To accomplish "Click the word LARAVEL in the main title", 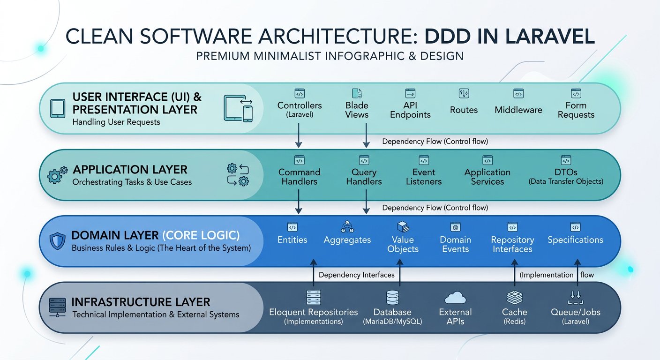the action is (x=550, y=37).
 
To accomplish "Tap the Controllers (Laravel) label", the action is (x=300, y=110).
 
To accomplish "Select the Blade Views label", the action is (x=357, y=110).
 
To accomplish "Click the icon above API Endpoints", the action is (x=410, y=93).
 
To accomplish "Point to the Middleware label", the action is (x=518, y=110).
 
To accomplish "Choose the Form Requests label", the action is (x=576, y=110).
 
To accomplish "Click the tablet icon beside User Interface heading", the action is (x=58, y=108).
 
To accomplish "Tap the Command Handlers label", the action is (x=300, y=176).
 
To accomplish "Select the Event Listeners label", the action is (x=424, y=176).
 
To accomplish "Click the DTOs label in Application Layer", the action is (x=566, y=176).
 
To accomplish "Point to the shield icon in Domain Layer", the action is (x=57, y=240).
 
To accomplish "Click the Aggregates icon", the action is (x=347, y=226).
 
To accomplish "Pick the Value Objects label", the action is (x=403, y=244).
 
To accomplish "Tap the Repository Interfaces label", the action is (x=512, y=244).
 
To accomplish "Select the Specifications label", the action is (x=575, y=240).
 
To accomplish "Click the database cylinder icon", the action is (x=392, y=298).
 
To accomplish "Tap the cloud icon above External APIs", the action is (x=455, y=298).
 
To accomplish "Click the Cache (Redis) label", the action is (x=514, y=316).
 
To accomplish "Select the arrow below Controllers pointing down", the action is (x=299, y=135).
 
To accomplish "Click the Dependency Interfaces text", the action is (x=357, y=275).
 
